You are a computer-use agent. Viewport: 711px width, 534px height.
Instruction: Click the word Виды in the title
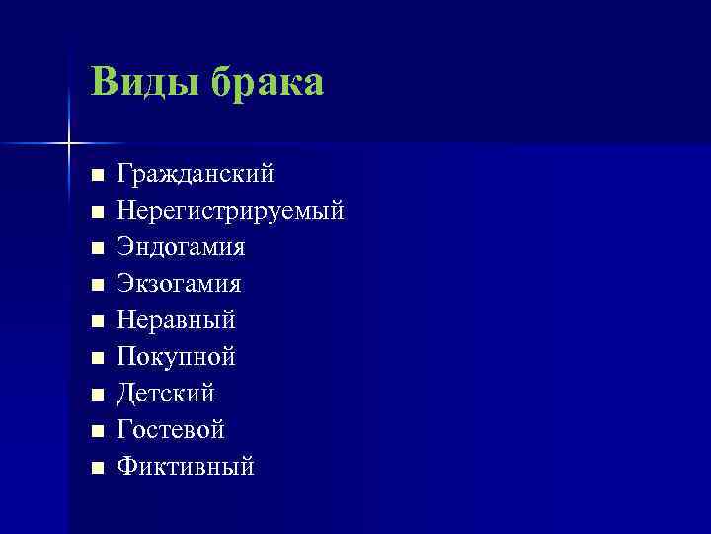click(139, 83)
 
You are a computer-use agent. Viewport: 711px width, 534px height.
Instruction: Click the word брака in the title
click(266, 83)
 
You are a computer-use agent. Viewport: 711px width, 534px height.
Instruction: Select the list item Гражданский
click(196, 175)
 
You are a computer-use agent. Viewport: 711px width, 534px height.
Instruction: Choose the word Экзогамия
click(179, 284)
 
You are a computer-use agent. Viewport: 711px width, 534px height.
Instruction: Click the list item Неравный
click(176, 320)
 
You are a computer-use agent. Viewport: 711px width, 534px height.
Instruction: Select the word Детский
click(166, 394)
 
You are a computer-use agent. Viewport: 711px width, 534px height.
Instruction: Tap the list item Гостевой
click(171, 430)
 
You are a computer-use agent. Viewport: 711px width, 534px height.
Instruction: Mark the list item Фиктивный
click(185, 466)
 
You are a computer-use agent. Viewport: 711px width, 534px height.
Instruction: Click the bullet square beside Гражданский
click(96, 176)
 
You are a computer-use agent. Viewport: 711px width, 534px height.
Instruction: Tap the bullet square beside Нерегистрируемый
click(96, 213)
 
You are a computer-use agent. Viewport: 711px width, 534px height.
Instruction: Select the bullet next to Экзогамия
click(96, 286)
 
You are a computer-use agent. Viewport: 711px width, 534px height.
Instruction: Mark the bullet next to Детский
click(96, 395)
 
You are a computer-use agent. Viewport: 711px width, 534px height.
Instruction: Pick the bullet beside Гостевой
click(96, 431)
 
